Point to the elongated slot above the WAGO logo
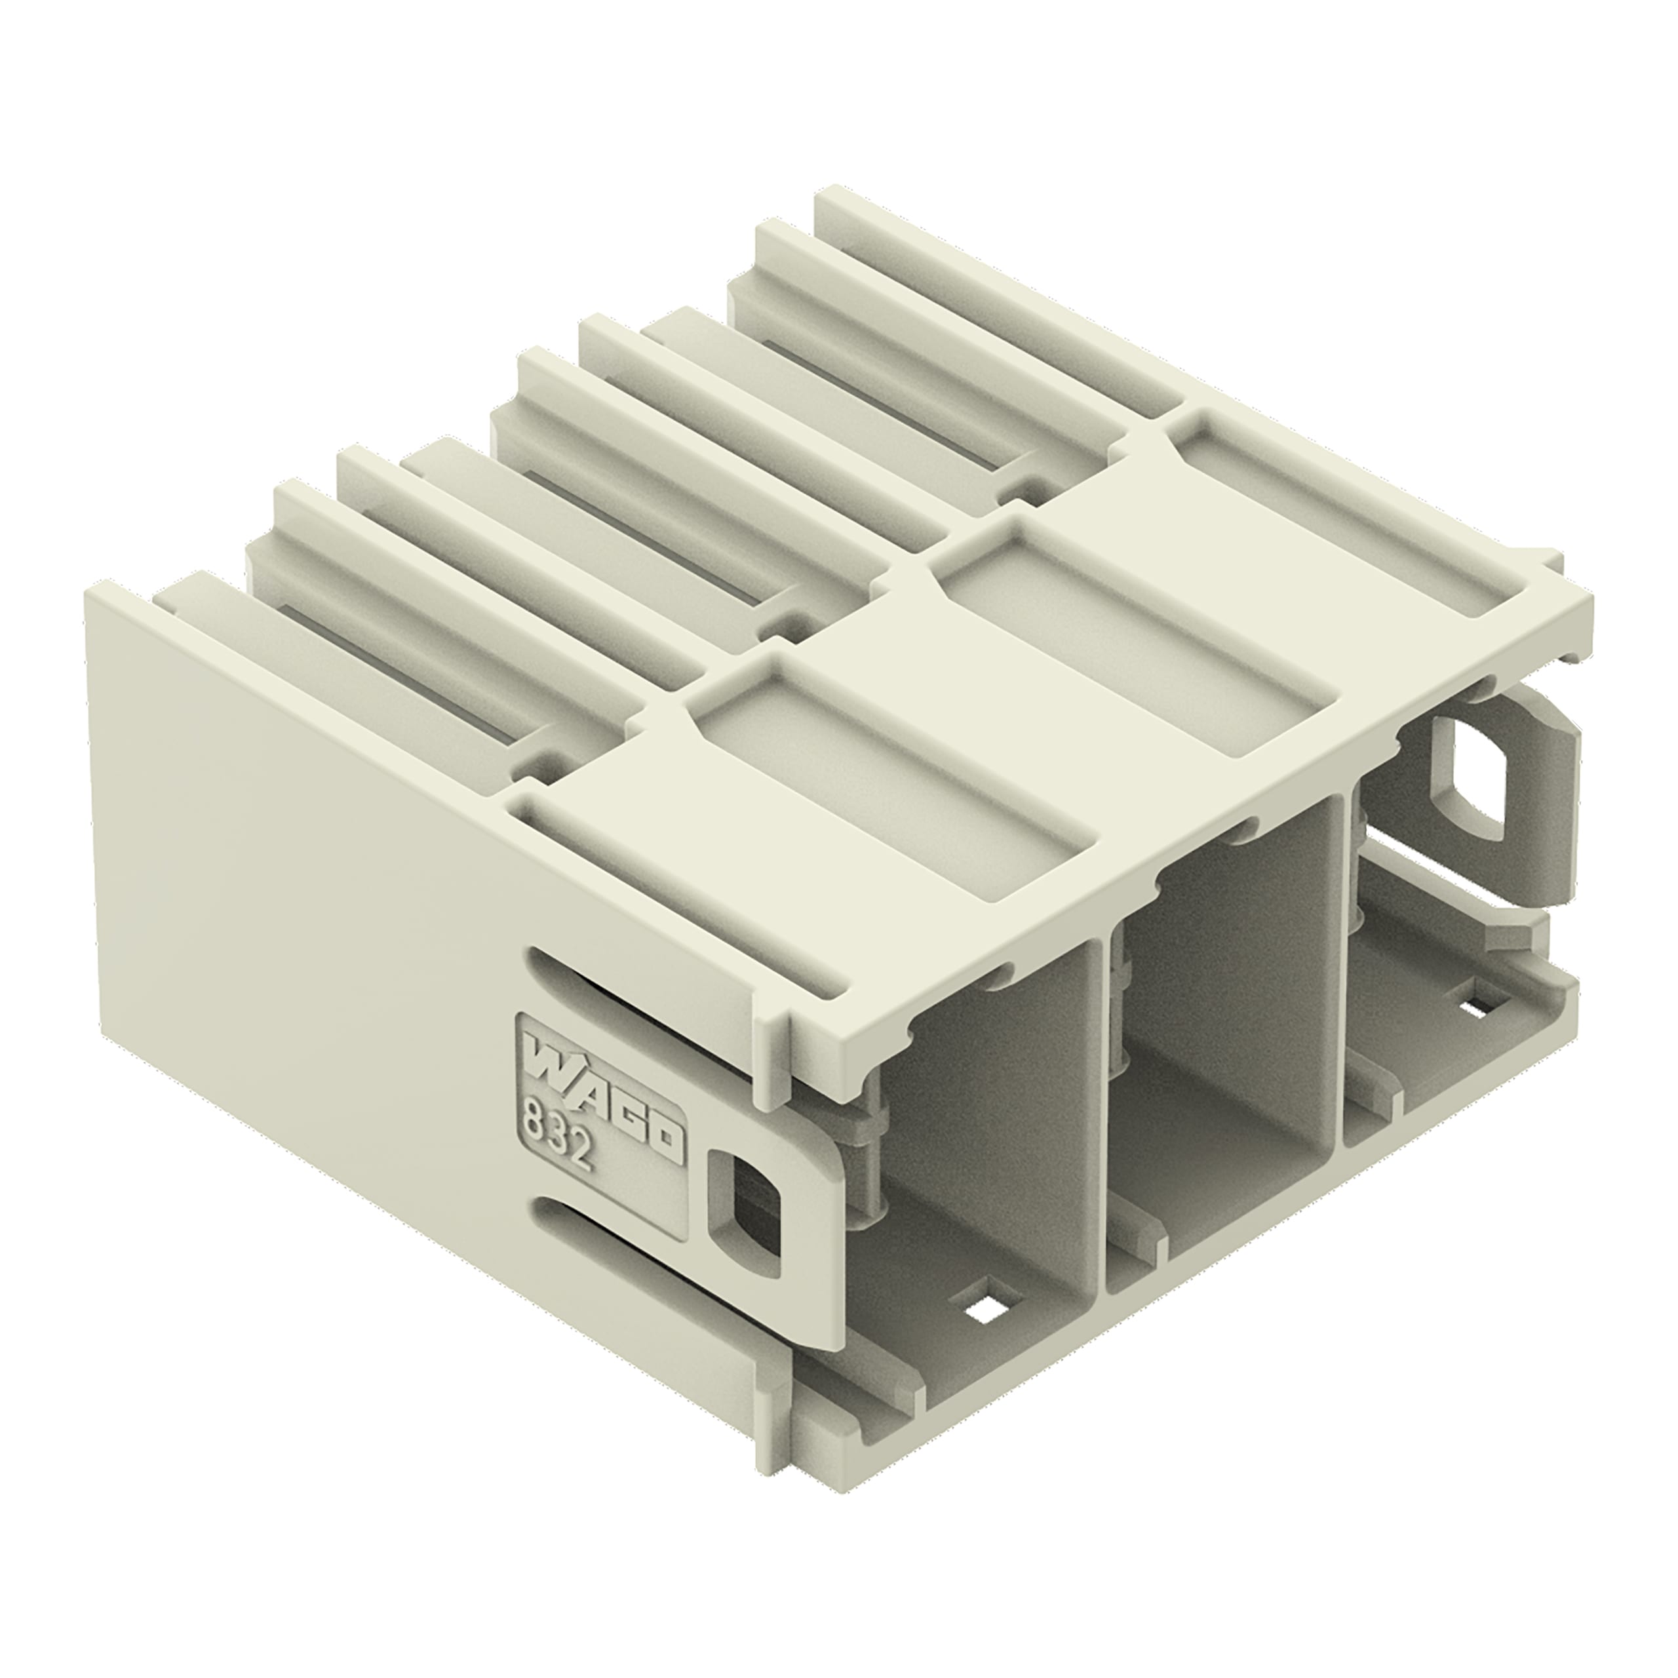[608, 996]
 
